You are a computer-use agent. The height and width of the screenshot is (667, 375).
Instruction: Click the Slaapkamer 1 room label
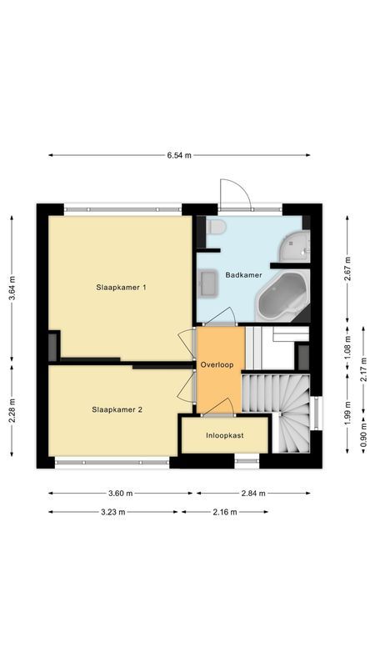(121, 288)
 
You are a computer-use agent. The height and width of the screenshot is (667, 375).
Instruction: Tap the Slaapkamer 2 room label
(117, 409)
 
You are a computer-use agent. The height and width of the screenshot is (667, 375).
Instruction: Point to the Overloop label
(219, 365)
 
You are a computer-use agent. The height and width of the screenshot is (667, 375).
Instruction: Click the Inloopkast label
(224, 435)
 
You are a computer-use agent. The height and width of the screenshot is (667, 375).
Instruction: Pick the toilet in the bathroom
(216, 228)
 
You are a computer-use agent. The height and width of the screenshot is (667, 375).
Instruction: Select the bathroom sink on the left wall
(207, 283)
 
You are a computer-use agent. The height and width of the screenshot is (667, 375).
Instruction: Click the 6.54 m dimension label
(179, 155)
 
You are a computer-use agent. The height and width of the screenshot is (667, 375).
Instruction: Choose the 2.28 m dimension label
(12, 414)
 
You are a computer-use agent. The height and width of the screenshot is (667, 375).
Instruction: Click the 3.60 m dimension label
(113, 493)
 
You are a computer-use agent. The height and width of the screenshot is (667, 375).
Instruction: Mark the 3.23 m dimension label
(113, 512)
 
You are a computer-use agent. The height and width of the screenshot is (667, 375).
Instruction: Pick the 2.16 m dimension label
(224, 512)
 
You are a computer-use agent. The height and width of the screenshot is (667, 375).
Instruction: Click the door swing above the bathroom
(234, 194)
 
